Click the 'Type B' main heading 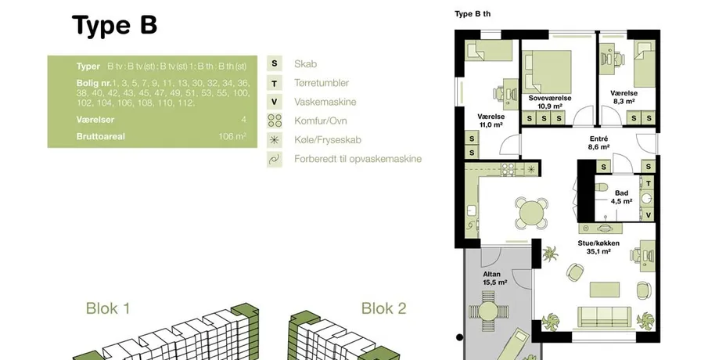114,25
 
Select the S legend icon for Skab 274,63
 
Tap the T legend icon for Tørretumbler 274,83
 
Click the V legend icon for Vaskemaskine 274,102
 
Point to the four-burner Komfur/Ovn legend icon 274,121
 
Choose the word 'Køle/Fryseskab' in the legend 328,140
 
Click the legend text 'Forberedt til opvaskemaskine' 358,159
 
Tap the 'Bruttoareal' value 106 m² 232,136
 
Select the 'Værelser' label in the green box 95,120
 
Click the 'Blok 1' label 108,308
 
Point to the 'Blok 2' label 384,308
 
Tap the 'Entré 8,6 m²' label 599,142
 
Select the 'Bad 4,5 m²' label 621,197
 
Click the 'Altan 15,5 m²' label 495,278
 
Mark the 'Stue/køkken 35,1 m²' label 598,247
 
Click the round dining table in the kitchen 531,212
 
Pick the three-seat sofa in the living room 604,316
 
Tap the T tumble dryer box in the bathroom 649,183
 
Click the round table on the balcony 488,311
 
